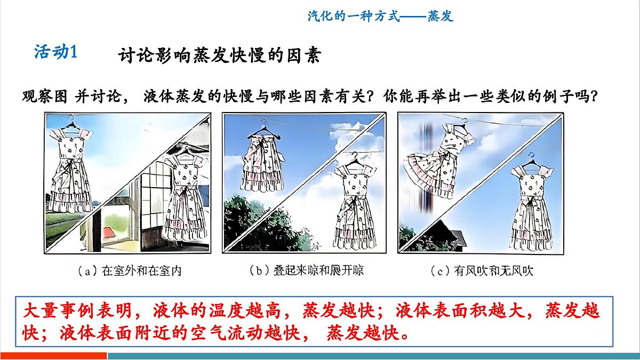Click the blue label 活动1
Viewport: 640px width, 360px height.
pyautogui.click(x=56, y=52)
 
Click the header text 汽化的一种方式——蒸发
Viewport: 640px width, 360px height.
pyautogui.click(x=380, y=16)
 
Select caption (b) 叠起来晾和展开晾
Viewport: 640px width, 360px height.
pyautogui.click(x=307, y=271)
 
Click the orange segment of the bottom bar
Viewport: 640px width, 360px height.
pyautogui.click(x=53, y=356)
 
